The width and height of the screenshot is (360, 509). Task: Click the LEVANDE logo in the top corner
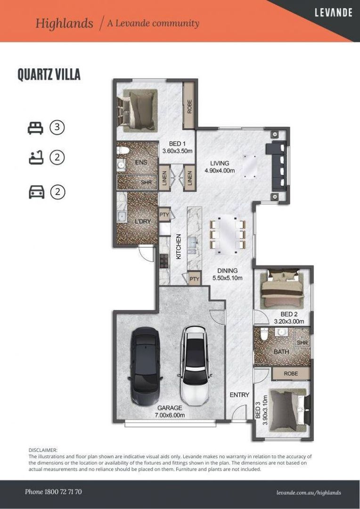[333, 13]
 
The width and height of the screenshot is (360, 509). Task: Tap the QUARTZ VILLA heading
[49, 74]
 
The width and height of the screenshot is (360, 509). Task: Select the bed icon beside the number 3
[35, 128]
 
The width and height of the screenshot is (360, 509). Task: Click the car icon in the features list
[36, 192]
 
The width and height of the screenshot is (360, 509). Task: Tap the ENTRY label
[239, 394]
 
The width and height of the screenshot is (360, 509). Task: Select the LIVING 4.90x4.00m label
[219, 167]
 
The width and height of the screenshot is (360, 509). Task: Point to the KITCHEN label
[179, 246]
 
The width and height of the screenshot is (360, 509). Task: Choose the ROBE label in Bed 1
[189, 107]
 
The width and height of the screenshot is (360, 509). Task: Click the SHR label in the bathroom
[302, 343]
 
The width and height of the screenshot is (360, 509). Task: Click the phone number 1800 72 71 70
[53, 492]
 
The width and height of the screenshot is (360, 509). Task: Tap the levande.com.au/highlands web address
[309, 493]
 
